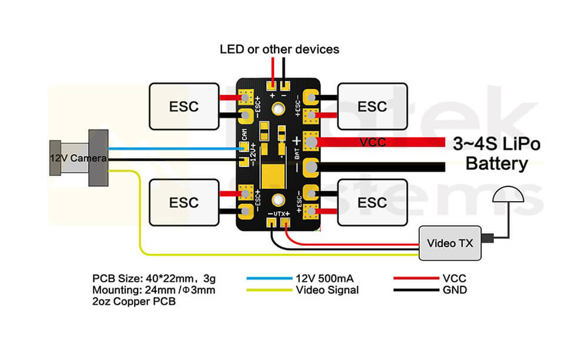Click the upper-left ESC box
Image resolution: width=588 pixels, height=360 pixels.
click(183, 106)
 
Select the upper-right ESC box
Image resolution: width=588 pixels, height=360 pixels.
click(372, 106)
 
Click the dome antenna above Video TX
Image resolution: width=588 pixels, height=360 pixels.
click(509, 196)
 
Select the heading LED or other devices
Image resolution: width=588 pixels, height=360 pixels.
click(279, 49)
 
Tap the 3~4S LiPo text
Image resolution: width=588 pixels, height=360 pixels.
click(497, 143)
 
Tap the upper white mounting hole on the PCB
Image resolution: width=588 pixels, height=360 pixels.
click(278, 108)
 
